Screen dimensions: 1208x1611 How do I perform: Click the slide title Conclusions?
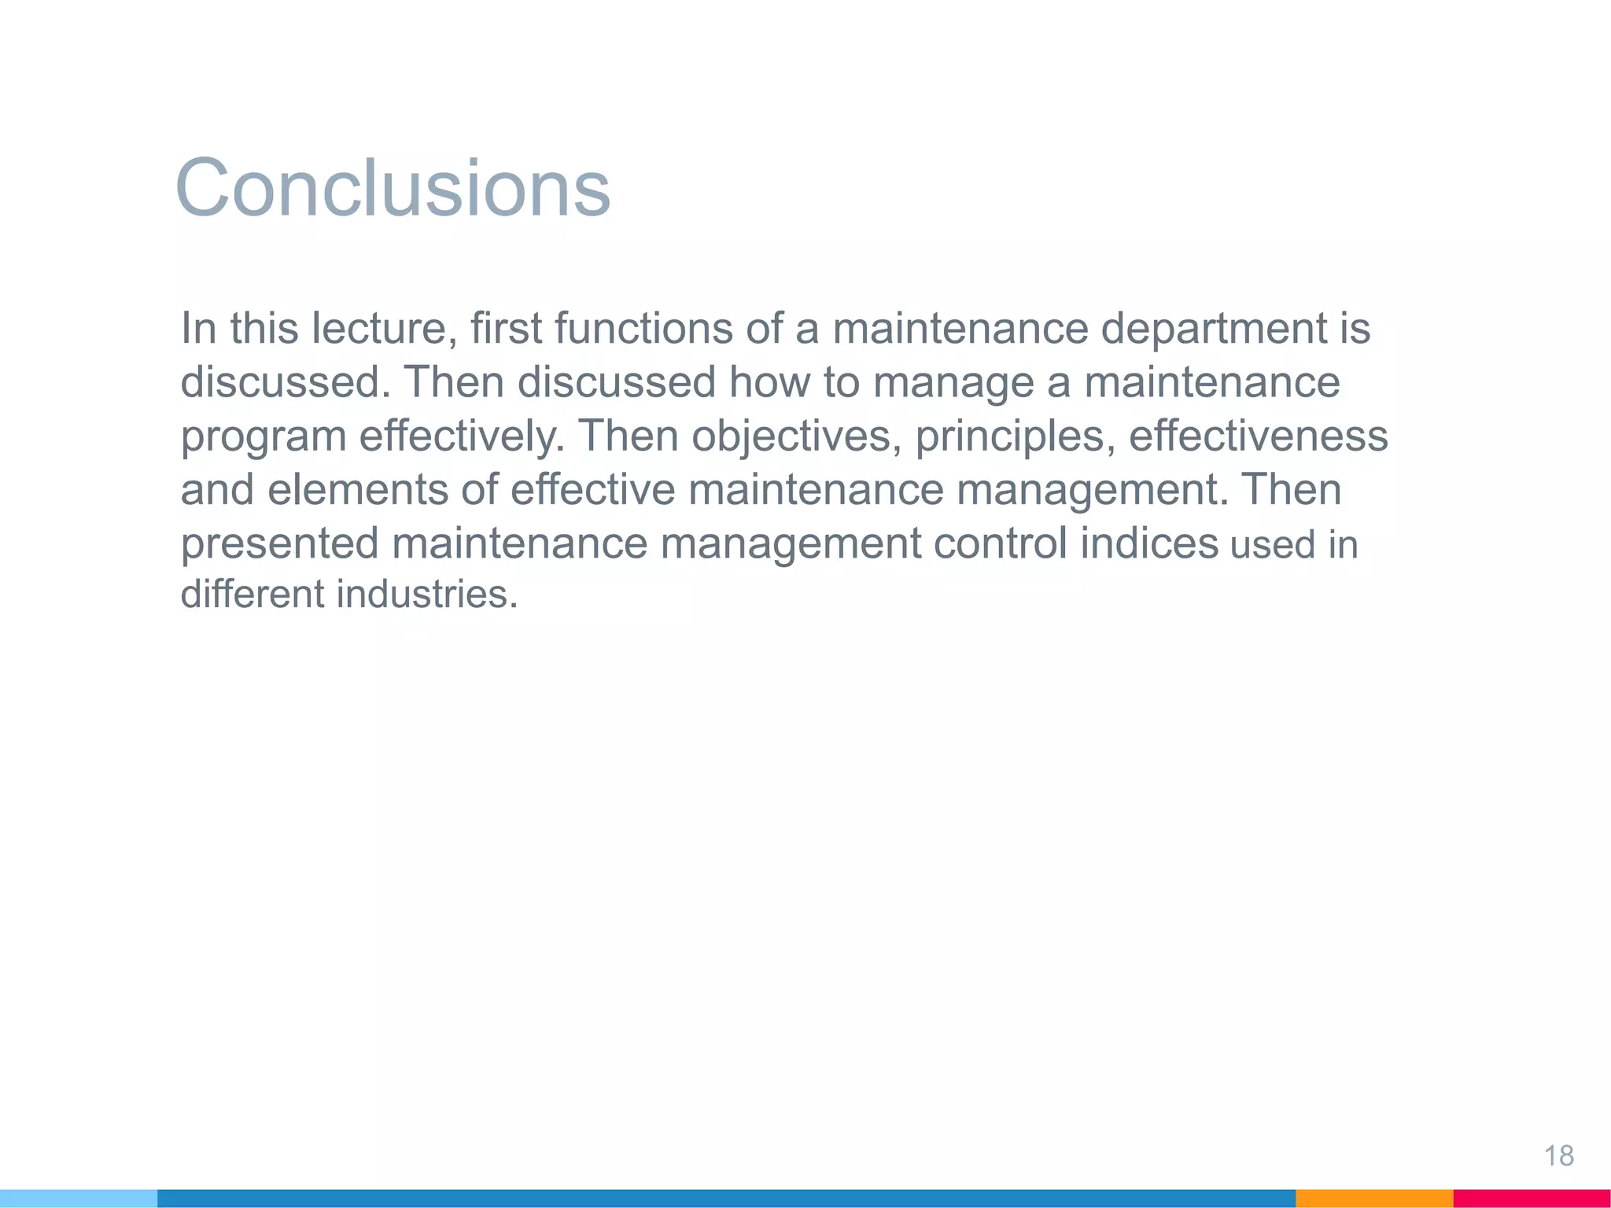click(x=393, y=189)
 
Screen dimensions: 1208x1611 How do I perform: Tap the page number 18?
click(x=1558, y=1156)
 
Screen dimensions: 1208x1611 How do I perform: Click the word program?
click(x=264, y=437)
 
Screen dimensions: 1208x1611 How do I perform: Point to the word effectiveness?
click(x=1259, y=436)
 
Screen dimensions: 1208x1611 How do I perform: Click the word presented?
click(x=279, y=544)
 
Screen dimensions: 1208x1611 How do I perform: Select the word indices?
click(x=1149, y=543)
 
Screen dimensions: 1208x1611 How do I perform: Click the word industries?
click(x=427, y=595)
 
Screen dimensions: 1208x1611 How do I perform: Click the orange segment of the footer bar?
click(x=1373, y=1199)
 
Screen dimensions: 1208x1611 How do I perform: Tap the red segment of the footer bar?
click(x=1532, y=1199)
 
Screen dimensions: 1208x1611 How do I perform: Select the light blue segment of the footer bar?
click(x=79, y=1199)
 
